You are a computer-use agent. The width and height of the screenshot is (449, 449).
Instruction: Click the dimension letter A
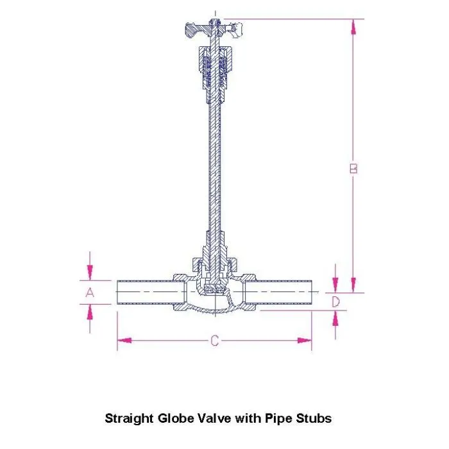[90, 292]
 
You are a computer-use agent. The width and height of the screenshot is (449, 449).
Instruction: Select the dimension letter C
[215, 341]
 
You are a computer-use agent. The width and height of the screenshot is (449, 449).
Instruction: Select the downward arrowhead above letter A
[90, 274]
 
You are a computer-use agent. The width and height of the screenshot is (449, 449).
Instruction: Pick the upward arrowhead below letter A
[90, 310]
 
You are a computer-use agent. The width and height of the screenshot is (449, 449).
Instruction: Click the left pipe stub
[144, 292]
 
